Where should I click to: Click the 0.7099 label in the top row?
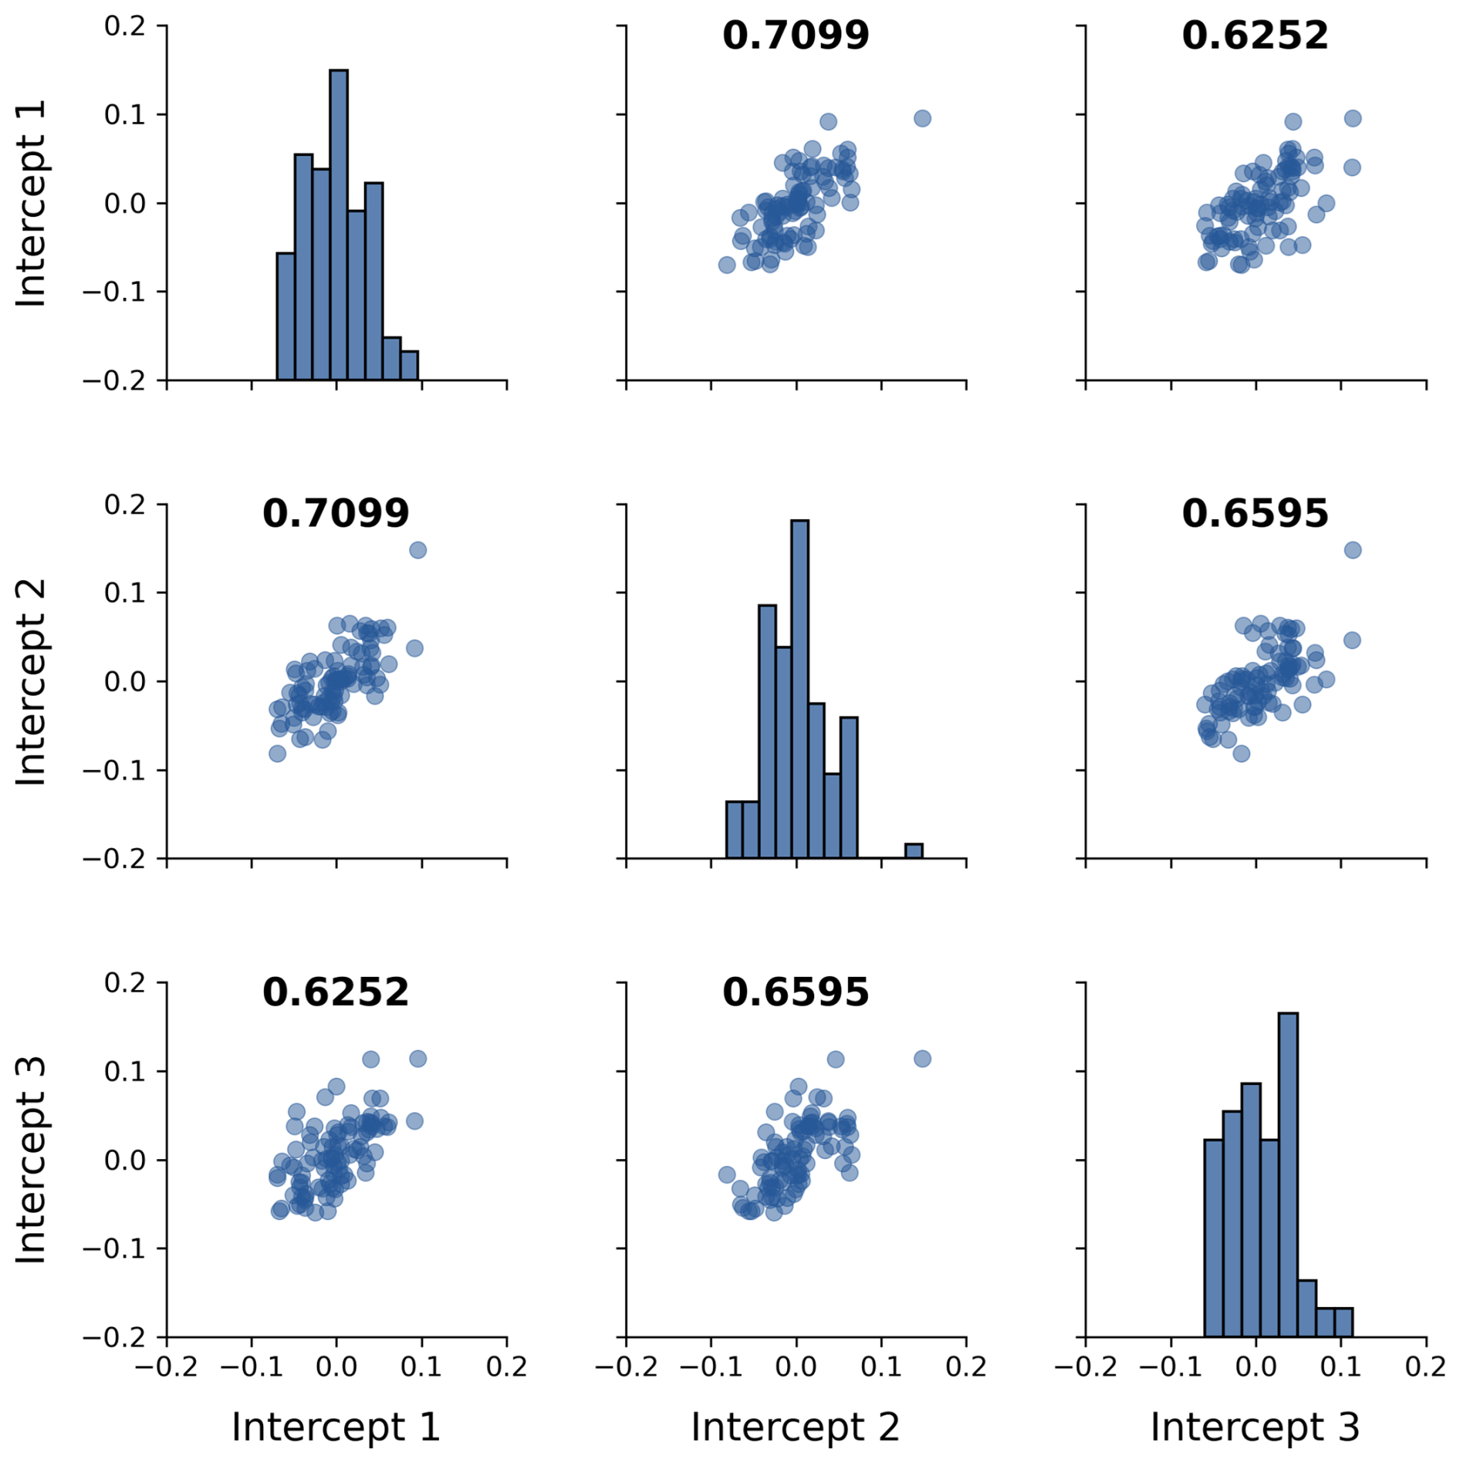click(x=795, y=35)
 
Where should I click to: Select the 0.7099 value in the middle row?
click(x=336, y=514)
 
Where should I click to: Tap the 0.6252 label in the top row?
click(x=1255, y=35)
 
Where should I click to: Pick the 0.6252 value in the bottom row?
click(x=336, y=992)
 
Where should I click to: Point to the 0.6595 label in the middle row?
click(x=1255, y=514)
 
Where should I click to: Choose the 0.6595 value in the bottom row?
click(x=795, y=992)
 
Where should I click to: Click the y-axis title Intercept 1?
click(x=32, y=203)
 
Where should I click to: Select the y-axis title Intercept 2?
click(x=32, y=681)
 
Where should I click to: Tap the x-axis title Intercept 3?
click(x=1255, y=1428)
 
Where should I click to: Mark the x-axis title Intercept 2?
click(x=795, y=1428)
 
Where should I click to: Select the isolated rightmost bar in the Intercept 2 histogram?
click(x=914, y=851)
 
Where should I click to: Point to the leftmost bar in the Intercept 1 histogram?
click(x=286, y=316)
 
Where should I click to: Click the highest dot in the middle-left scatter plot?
click(x=417, y=550)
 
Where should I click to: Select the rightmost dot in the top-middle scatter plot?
click(x=922, y=118)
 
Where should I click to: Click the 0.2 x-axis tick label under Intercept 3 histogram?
click(x=1425, y=1367)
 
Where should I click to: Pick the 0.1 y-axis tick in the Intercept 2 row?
click(x=125, y=593)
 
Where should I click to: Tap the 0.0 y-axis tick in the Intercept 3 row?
click(x=125, y=1160)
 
